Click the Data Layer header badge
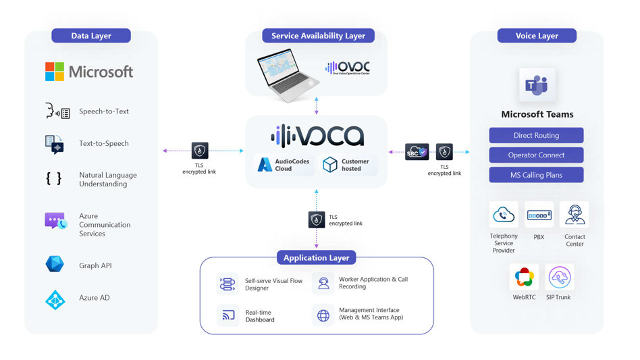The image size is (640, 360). coord(91,36)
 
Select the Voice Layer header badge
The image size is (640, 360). coord(537,36)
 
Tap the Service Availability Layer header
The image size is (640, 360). coord(318,36)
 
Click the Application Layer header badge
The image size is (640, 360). coord(316,258)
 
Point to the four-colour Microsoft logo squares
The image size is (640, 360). coord(55,72)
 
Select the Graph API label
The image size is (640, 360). coord(95,265)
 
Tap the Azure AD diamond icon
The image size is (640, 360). coord(55,299)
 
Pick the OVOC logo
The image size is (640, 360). coord(348,68)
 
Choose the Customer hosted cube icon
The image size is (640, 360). coord(329,165)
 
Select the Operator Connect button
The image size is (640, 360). coord(536,155)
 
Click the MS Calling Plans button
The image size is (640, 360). coord(536,175)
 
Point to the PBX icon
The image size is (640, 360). coord(539,215)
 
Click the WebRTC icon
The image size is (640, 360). coord(524,277)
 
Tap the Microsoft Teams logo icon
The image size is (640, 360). coord(537,86)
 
